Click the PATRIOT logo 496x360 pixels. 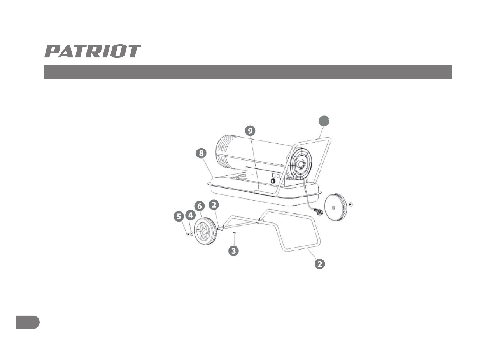tap(93, 51)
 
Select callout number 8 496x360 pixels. tap(200, 154)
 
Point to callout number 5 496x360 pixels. tap(179, 217)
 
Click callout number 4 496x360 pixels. tap(191, 215)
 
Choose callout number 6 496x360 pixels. tap(199, 206)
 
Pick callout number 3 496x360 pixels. tap(233, 251)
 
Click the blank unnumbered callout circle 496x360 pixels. tap(324, 121)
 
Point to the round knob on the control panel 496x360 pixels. tap(273, 182)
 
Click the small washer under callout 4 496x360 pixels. tap(192, 234)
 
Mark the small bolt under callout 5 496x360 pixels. tap(188, 234)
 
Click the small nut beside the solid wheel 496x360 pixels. tap(351, 204)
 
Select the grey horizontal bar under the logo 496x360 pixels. tap(248, 72)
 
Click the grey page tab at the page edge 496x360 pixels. tap(28, 322)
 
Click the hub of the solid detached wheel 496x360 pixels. tap(333, 207)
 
